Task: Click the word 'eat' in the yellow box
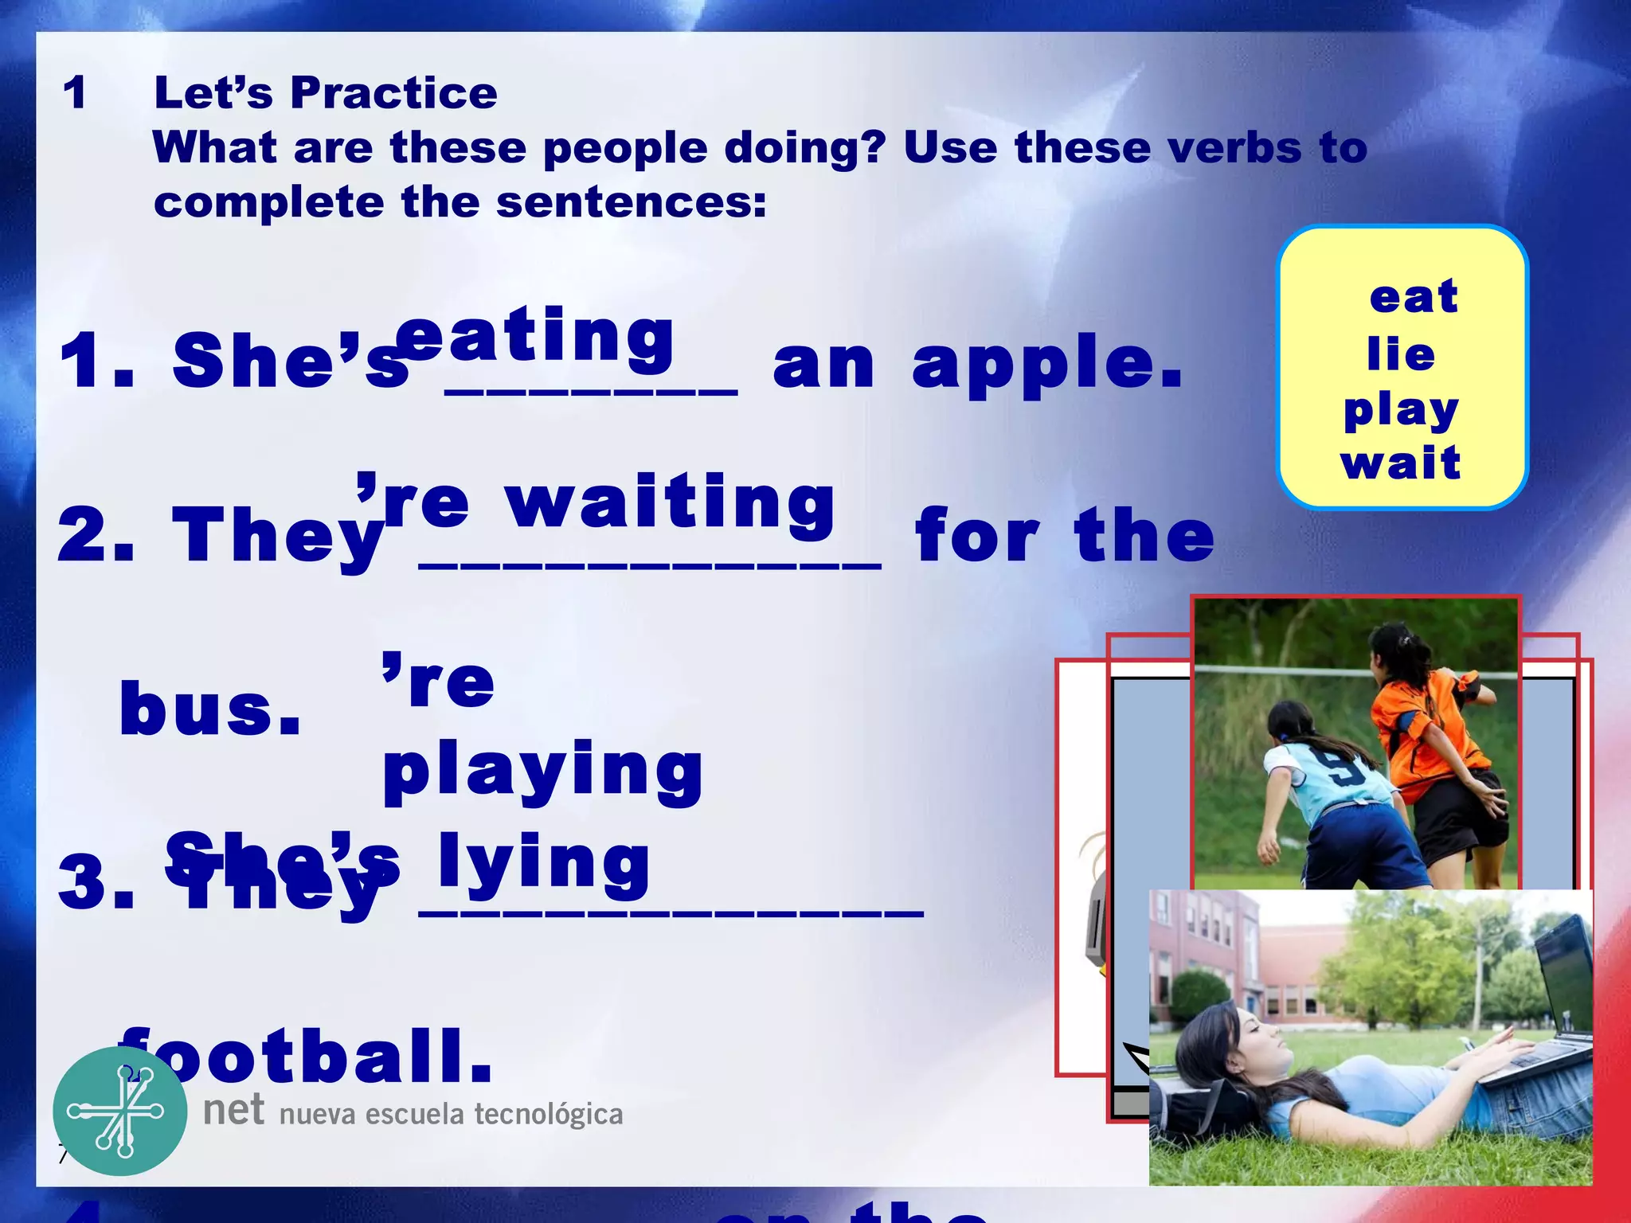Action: [x=1414, y=297]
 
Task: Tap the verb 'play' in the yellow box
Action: [x=1401, y=412]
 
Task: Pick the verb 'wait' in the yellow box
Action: [x=1401, y=463]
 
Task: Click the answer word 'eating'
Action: [x=535, y=338]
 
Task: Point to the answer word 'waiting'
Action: [x=671, y=503]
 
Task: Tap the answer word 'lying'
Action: [x=544, y=863]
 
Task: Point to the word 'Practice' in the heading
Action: [x=394, y=93]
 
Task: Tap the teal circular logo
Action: [x=120, y=1112]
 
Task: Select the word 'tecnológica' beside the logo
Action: [x=549, y=1115]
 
